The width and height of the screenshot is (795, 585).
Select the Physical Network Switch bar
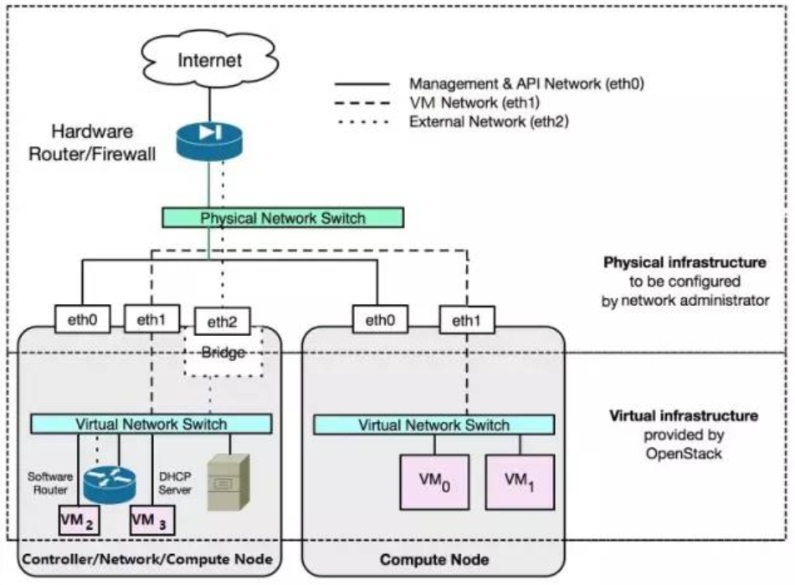coord(283,218)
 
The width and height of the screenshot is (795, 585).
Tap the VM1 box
coord(520,481)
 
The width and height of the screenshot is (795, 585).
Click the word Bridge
coord(223,353)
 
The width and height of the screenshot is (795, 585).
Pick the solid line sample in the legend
coord(362,84)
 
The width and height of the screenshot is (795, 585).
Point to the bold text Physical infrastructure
coord(685,262)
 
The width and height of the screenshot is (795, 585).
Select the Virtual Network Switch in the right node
coord(433,425)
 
